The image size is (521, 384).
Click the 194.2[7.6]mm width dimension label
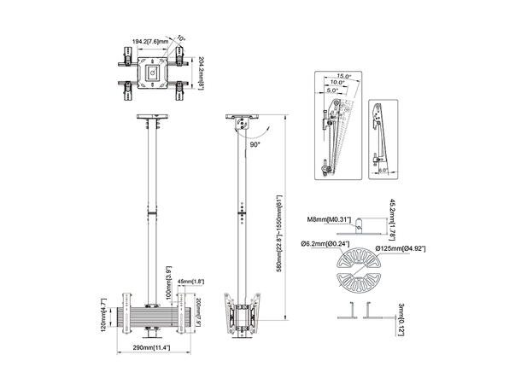pyautogui.click(x=149, y=38)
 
